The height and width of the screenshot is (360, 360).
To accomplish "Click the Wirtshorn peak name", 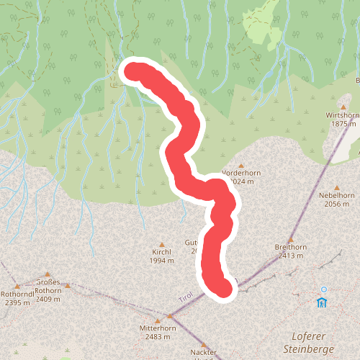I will coord(341,115).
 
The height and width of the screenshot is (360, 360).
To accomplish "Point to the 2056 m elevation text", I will coord(341,204).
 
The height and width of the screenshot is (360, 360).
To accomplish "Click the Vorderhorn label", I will coord(241,174).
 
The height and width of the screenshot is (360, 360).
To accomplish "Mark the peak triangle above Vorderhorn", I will coord(241,165).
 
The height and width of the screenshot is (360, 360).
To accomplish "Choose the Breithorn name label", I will coord(291,247).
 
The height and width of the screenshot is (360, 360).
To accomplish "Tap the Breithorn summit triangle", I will coord(291,239).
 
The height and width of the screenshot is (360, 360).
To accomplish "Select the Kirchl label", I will coord(161,252).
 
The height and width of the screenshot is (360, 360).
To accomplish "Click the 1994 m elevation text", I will coord(161,261).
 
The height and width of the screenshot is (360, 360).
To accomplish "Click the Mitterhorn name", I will coord(158,328).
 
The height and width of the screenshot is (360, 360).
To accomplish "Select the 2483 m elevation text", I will coord(158,337).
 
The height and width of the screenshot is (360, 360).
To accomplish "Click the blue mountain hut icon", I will coord(323,302).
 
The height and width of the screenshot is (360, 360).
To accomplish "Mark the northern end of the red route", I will coord(134,71).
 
